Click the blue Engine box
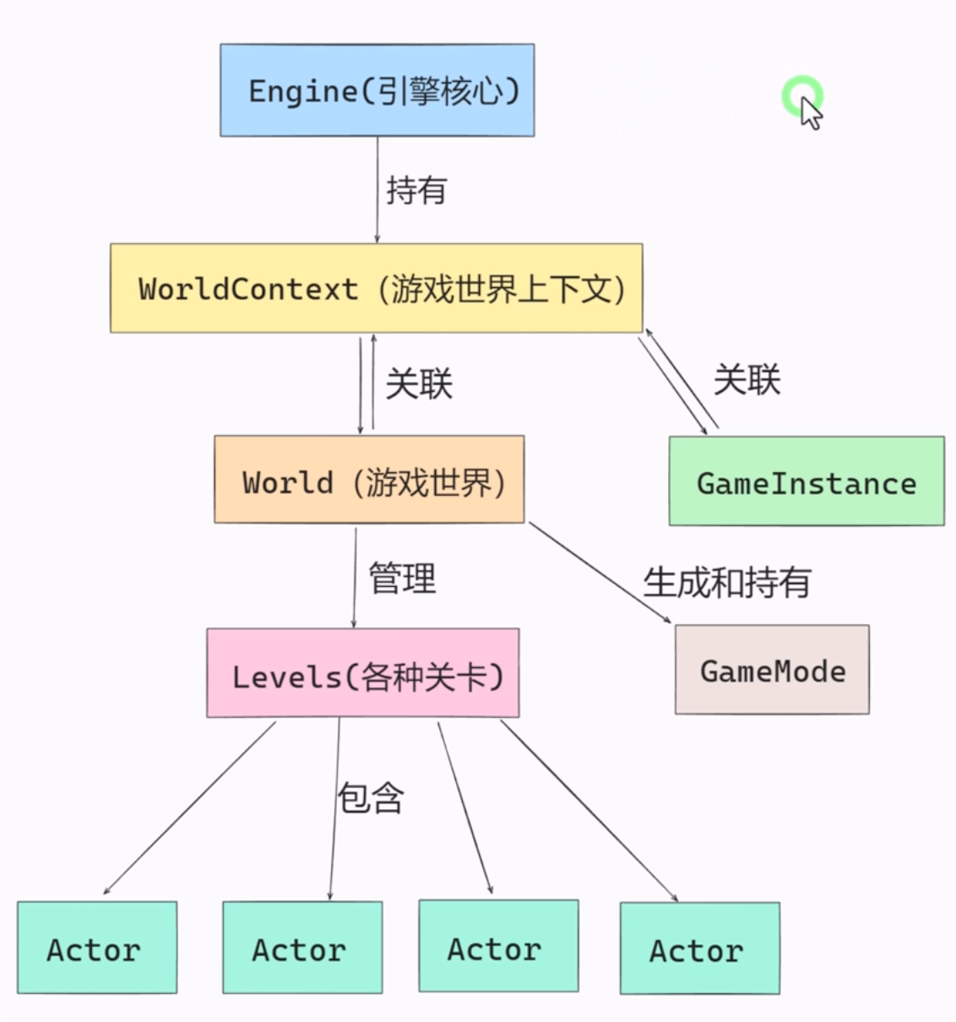[377, 90]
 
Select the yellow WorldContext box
[376, 289]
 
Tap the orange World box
[369, 480]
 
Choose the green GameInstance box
[807, 481]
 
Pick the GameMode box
[772, 671]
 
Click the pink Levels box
[363, 674]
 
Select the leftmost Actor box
[97, 948]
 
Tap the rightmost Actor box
[699, 949]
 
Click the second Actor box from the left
[302, 948]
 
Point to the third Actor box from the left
[498, 946]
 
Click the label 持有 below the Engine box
[416, 190]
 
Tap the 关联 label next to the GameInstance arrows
[747, 379]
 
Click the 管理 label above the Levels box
[402, 579]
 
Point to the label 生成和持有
[727, 582]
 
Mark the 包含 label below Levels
[371, 797]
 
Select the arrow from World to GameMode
[600, 573]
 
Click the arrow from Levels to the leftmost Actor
[189, 807]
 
